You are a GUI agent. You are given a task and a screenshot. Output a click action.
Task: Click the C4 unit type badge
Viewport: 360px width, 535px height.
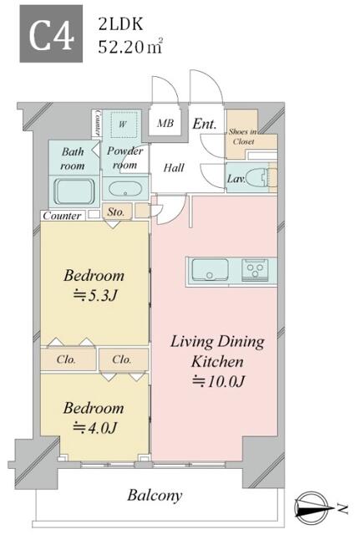click(x=51, y=33)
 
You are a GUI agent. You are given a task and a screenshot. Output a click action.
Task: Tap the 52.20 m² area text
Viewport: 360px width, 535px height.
click(x=130, y=47)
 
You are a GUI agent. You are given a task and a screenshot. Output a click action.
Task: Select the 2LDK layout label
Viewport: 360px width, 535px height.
click(x=120, y=24)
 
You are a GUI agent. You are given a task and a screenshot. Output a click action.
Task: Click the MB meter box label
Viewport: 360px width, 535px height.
click(x=165, y=123)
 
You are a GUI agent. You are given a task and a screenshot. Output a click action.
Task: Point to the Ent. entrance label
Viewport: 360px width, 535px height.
click(x=205, y=124)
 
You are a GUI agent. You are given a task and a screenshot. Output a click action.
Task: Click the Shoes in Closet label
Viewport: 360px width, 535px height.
click(x=242, y=136)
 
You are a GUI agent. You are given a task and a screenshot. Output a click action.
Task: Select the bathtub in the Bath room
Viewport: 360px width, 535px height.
click(x=74, y=191)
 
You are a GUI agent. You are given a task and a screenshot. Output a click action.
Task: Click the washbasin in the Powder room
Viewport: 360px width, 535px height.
click(x=125, y=190)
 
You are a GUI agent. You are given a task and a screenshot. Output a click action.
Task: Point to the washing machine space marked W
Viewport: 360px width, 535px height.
click(x=123, y=125)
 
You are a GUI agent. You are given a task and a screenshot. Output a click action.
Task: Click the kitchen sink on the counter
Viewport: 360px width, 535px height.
click(x=210, y=269)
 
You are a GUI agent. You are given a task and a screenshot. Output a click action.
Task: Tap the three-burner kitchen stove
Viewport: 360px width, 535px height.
click(x=255, y=269)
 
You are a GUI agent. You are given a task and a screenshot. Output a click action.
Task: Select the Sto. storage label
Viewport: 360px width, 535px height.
click(x=115, y=211)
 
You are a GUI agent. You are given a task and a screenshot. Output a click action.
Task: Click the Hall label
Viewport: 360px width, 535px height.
click(x=174, y=168)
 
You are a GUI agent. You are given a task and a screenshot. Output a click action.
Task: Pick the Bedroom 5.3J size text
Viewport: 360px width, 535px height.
click(x=95, y=295)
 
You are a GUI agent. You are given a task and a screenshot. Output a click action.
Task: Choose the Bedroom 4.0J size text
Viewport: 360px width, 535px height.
click(x=95, y=428)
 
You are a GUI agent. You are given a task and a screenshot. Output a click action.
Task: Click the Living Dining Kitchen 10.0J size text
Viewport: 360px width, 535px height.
click(x=219, y=381)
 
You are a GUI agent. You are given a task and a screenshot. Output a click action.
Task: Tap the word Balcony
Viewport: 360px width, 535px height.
click(x=155, y=496)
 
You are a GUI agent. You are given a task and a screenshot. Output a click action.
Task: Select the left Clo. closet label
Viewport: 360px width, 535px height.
click(x=66, y=359)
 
